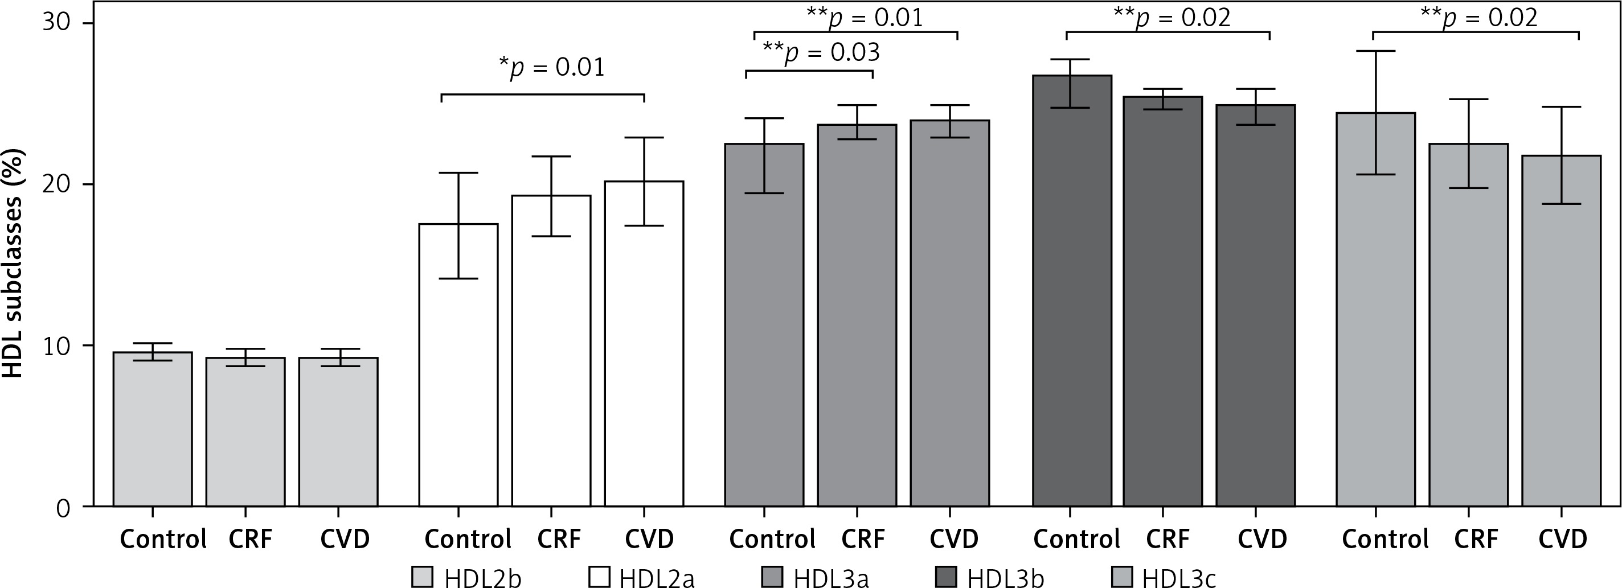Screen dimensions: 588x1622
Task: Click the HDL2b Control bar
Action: [153, 428]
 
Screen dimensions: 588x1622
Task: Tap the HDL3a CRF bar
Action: [857, 315]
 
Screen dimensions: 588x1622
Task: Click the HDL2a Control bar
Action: [458, 365]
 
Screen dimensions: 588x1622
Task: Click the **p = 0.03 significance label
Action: [821, 53]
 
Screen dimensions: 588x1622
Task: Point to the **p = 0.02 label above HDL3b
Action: [1172, 18]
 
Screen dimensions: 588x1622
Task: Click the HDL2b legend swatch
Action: [423, 577]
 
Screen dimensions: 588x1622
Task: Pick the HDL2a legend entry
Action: [642, 577]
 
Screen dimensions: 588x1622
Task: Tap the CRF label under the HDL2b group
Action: [250, 539]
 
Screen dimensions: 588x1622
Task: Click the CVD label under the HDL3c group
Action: [1563, 539]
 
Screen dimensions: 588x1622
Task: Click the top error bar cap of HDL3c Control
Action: [1375, 51]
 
